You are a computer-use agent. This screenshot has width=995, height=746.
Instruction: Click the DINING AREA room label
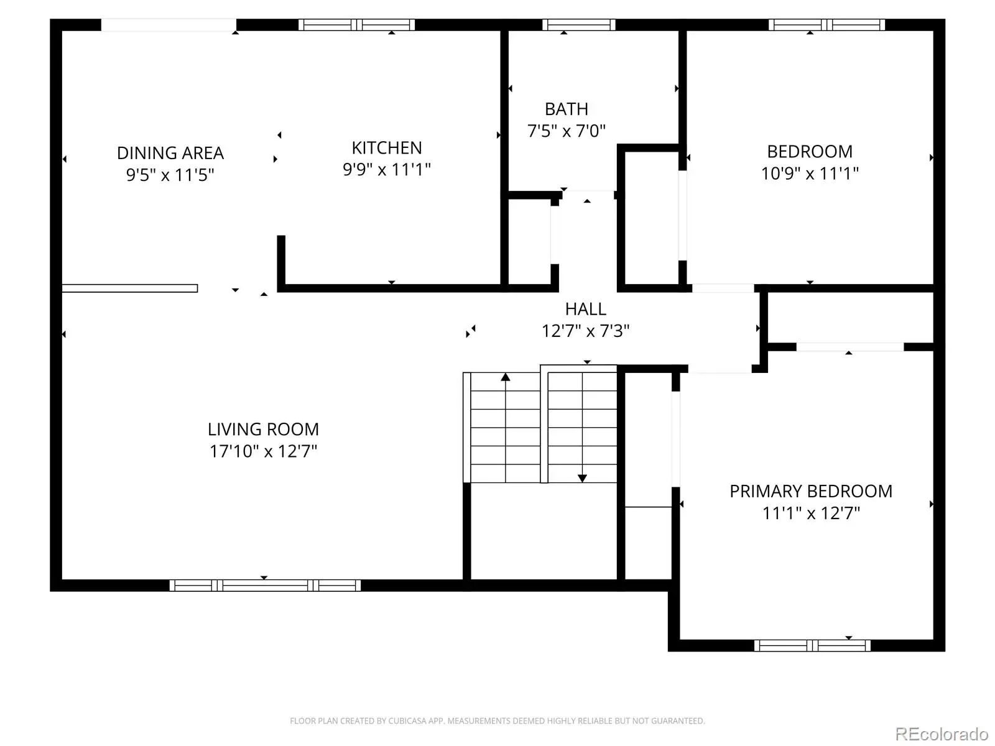coord(170,153)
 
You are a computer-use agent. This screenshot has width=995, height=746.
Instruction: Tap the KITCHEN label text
coord(387,148)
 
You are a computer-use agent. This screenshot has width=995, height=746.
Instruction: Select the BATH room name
coord(566,109)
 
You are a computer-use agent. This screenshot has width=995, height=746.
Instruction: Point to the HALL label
coord(585,310)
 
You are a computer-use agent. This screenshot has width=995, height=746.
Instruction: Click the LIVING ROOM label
coord(263,430)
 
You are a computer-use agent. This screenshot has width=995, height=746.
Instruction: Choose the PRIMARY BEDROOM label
coord(810,492)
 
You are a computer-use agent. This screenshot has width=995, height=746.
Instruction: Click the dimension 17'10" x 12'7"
coord(263,451)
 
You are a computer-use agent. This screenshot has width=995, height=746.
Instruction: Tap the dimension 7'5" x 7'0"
coord(566,131)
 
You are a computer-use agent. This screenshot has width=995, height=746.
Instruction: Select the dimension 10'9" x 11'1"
coord(810,173)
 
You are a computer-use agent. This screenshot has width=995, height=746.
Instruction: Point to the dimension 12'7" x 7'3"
coord(585,331)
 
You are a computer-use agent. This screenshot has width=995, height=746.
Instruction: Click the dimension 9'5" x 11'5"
coord(170,175)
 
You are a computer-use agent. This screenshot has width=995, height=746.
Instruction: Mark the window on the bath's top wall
coord(578,25)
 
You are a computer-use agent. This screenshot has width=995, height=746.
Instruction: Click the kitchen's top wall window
coord(356,25)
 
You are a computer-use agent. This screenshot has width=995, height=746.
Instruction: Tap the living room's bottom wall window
coord(265,585)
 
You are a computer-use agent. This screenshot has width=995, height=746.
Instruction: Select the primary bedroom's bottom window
coord(812,645)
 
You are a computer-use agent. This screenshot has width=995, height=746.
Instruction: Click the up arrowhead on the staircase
coord(506,377)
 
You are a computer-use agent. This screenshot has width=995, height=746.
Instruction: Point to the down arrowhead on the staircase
coord(582,478)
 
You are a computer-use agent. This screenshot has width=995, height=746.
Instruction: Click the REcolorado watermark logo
coord(942,734)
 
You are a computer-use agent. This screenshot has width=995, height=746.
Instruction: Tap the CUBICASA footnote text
coord(497,721)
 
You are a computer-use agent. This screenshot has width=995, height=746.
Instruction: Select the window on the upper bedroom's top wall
coord(826,25)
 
